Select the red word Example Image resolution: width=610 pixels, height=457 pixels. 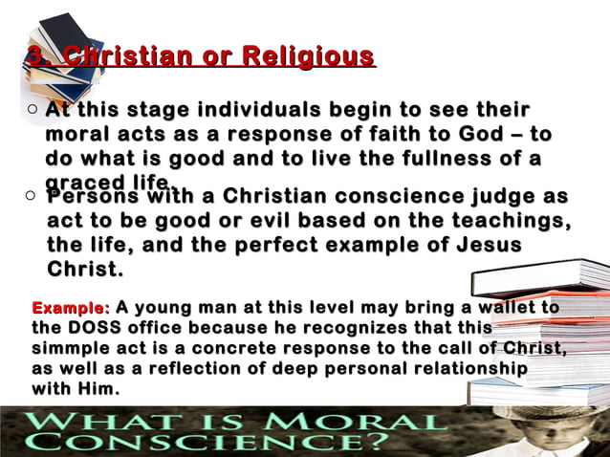[71, 308]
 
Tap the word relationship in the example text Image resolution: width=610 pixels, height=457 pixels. [469, 368]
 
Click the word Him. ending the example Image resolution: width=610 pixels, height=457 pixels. [100, 388]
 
